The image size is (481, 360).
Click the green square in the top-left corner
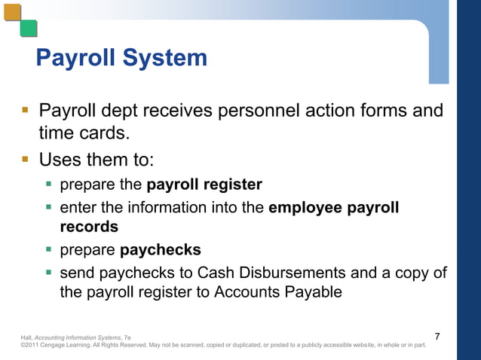click(x=29, y=29)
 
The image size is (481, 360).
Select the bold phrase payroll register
click(x=204, y=185)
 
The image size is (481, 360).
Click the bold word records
click(x=89, y=226)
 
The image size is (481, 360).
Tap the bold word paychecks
click(x=161, y=249)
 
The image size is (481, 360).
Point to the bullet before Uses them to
click(x=25, y=160)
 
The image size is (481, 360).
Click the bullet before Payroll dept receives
click(x=25, y=112)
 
